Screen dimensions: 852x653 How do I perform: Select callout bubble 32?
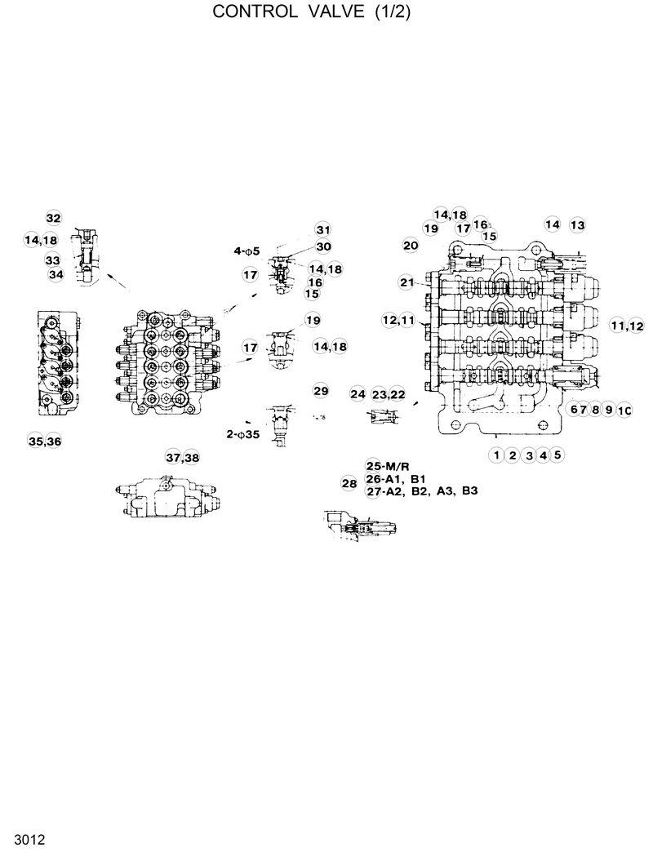click(x=53, y=218)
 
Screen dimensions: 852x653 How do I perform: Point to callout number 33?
click(x=53, y=260)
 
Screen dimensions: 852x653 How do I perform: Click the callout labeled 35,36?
click(x=44, y=442)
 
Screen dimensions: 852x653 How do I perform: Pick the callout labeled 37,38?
click(x=182, y=457)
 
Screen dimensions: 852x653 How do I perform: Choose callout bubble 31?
click(x=324, y=229)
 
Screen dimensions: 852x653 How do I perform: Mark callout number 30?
click(x=324, y=246)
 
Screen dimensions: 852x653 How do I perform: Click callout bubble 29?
click(x=321, y=391)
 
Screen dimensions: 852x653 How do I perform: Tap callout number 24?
click(x=358, y=394)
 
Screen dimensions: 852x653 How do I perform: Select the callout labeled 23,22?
click(x=389, y=394)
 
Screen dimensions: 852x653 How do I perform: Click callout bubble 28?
click(x=349, y=484)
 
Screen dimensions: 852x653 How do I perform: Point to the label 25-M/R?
click(x=387, y=465)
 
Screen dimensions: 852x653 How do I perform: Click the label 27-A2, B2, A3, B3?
click(x=422, y=491)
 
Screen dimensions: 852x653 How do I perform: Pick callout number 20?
click(x=411, y=245)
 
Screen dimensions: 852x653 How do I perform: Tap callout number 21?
click(x=407, y=282)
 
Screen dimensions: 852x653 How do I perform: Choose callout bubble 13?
click(x=577, y=224)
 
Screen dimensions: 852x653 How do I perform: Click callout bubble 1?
click(x=495, y=455)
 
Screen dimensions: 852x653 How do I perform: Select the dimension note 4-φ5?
click(x=247, y=251)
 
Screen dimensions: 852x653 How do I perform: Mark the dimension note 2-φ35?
click(x=242, y=434)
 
